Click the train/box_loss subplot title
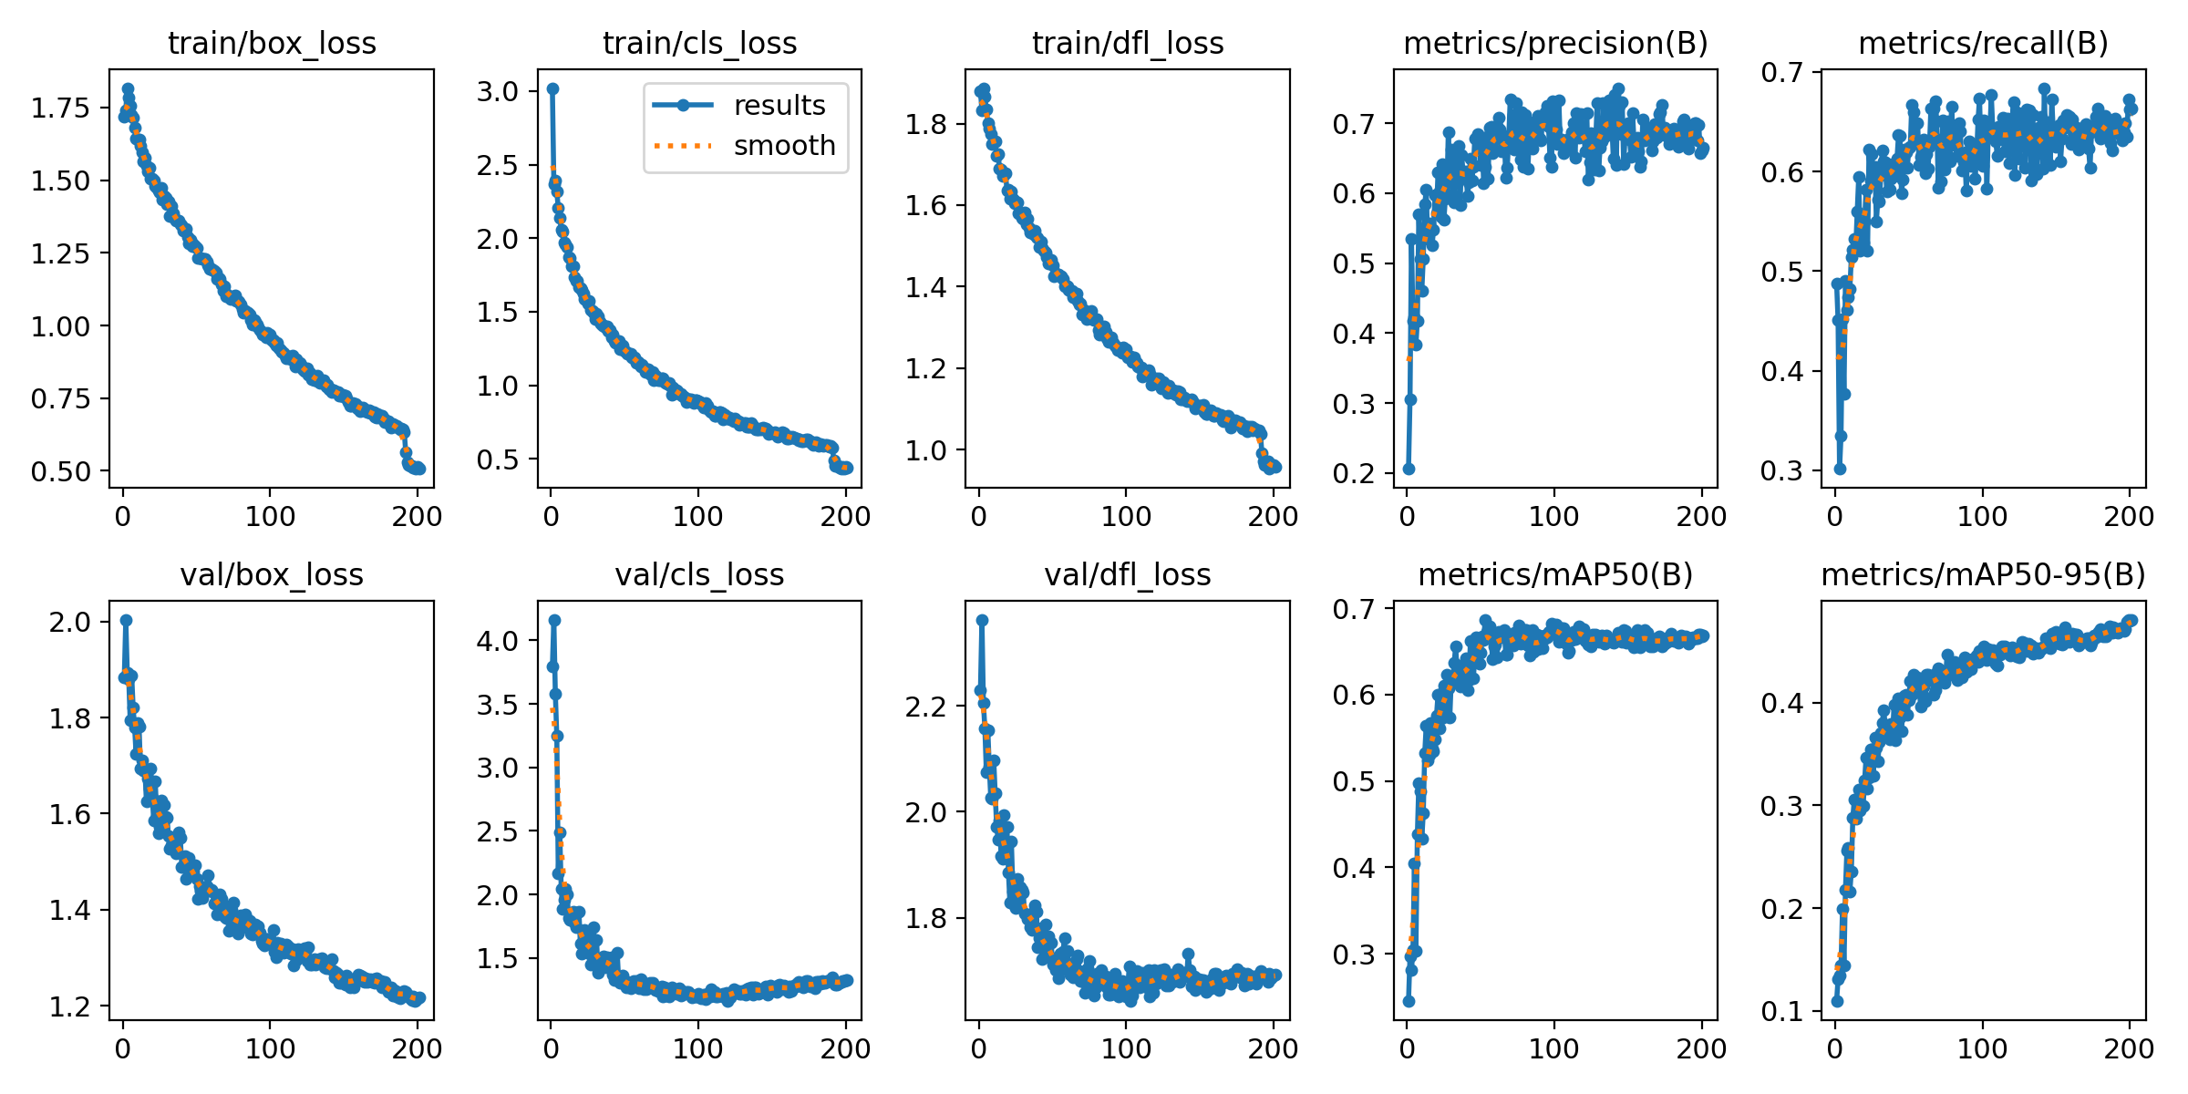point(272,44)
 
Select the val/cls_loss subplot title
point(699,575)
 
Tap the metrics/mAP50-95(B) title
point(1983,575)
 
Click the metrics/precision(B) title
point(1555,44)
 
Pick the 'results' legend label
point(779,106)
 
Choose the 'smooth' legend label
point(785,146)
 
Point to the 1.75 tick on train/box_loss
point(61,108)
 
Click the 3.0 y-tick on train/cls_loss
point(498,91)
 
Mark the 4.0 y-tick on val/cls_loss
point(498,641)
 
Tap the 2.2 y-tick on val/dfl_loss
point(925,706)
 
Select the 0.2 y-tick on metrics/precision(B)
point(1354,473)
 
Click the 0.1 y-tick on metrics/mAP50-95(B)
point(1782,1012)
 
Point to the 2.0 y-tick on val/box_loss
point(70,623)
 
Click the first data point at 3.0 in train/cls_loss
point(552,88)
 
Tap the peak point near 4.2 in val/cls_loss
point(554,620)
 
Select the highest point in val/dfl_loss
point(982,620)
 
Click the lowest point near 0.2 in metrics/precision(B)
point(1409,469)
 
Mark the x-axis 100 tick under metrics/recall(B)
point(1983,516)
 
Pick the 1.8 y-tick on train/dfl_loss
point(925,124)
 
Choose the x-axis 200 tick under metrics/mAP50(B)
point(1701,1048)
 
